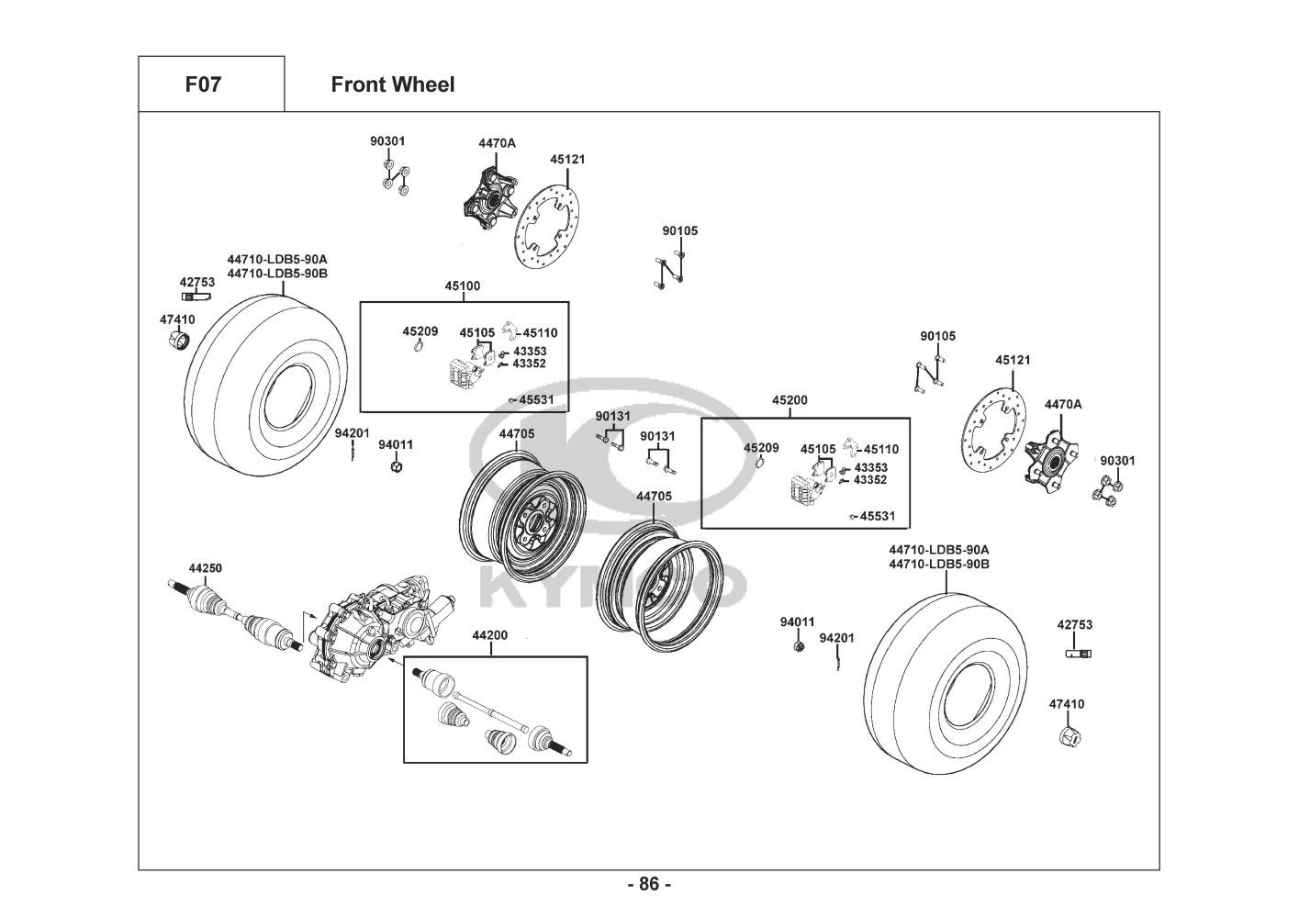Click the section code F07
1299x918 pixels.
tap(203, 84)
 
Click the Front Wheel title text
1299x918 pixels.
tap(392, 84)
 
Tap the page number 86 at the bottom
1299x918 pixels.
tap(649, 884)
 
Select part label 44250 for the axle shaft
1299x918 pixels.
tap(205, 568)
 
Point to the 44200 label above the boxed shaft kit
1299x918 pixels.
tap(489, 635)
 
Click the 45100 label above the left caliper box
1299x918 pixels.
tap(462, 286)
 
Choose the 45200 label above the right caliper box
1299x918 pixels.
tap(789, 400)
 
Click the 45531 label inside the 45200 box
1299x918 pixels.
tap(877, 516)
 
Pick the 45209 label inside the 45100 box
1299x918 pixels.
tap(420, 330)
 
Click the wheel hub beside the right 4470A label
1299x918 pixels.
tap(1049, 456)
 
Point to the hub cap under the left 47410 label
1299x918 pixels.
tap(180, 341)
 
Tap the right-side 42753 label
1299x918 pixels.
tap(1074, 624)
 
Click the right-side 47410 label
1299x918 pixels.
tap(1066, 704)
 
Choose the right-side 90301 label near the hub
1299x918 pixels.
tap(1117, 460)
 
